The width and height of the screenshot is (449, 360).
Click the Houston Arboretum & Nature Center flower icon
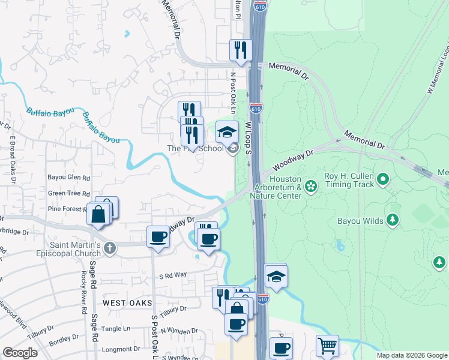[x=310, y=186]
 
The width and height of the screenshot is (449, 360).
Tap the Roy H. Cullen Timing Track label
[x=349, y=178]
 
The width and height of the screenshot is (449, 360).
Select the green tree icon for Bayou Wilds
[x=393, y=221]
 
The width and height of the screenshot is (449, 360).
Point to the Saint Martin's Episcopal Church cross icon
[x=109, y=248]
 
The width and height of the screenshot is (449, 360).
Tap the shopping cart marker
[x=327, y=346]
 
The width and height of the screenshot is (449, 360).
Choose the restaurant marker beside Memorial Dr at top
[x=241, y=50]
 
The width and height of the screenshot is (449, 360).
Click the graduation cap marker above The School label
[x=227, y=131]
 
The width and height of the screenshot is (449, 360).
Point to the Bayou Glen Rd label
[x=69, y=178]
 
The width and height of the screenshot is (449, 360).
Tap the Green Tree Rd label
[x=69, y=193]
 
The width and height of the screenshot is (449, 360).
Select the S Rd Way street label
[x=173, y=275]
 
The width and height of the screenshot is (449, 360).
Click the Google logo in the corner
[x=20, y=353]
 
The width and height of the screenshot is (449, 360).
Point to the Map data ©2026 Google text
[x=412, y=355]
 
